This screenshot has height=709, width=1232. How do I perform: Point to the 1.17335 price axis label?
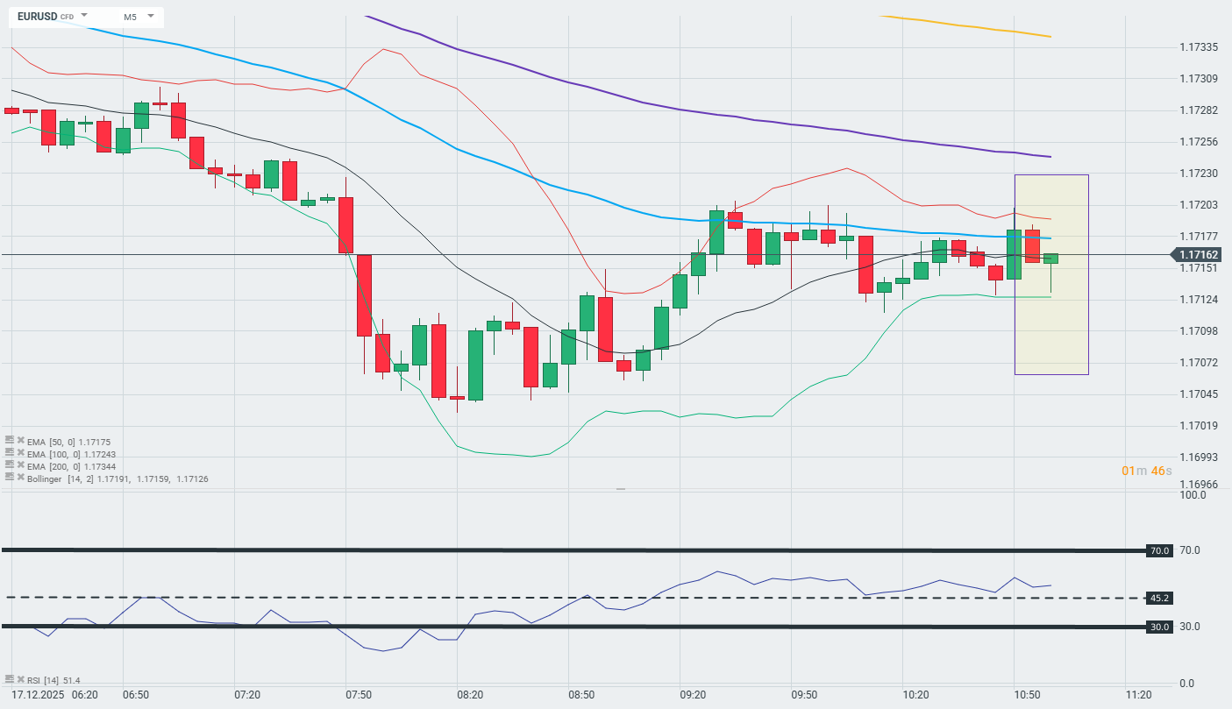1198,46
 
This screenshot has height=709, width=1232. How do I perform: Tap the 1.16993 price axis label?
1198,457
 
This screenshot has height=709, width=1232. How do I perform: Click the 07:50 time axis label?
359,694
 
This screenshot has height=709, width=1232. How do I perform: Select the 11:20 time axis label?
1138,694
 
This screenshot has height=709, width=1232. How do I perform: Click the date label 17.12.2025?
35,694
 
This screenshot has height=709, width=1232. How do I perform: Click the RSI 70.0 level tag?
1158,550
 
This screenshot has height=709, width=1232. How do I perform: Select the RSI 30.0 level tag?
1158,627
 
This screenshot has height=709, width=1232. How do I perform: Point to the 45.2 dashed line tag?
1158,598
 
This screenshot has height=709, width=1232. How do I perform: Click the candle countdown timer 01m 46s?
1146,471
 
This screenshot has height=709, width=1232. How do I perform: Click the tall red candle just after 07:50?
364,295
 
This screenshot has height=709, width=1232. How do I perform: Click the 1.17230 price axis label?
1198,174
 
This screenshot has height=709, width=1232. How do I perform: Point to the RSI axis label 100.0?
1193,495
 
